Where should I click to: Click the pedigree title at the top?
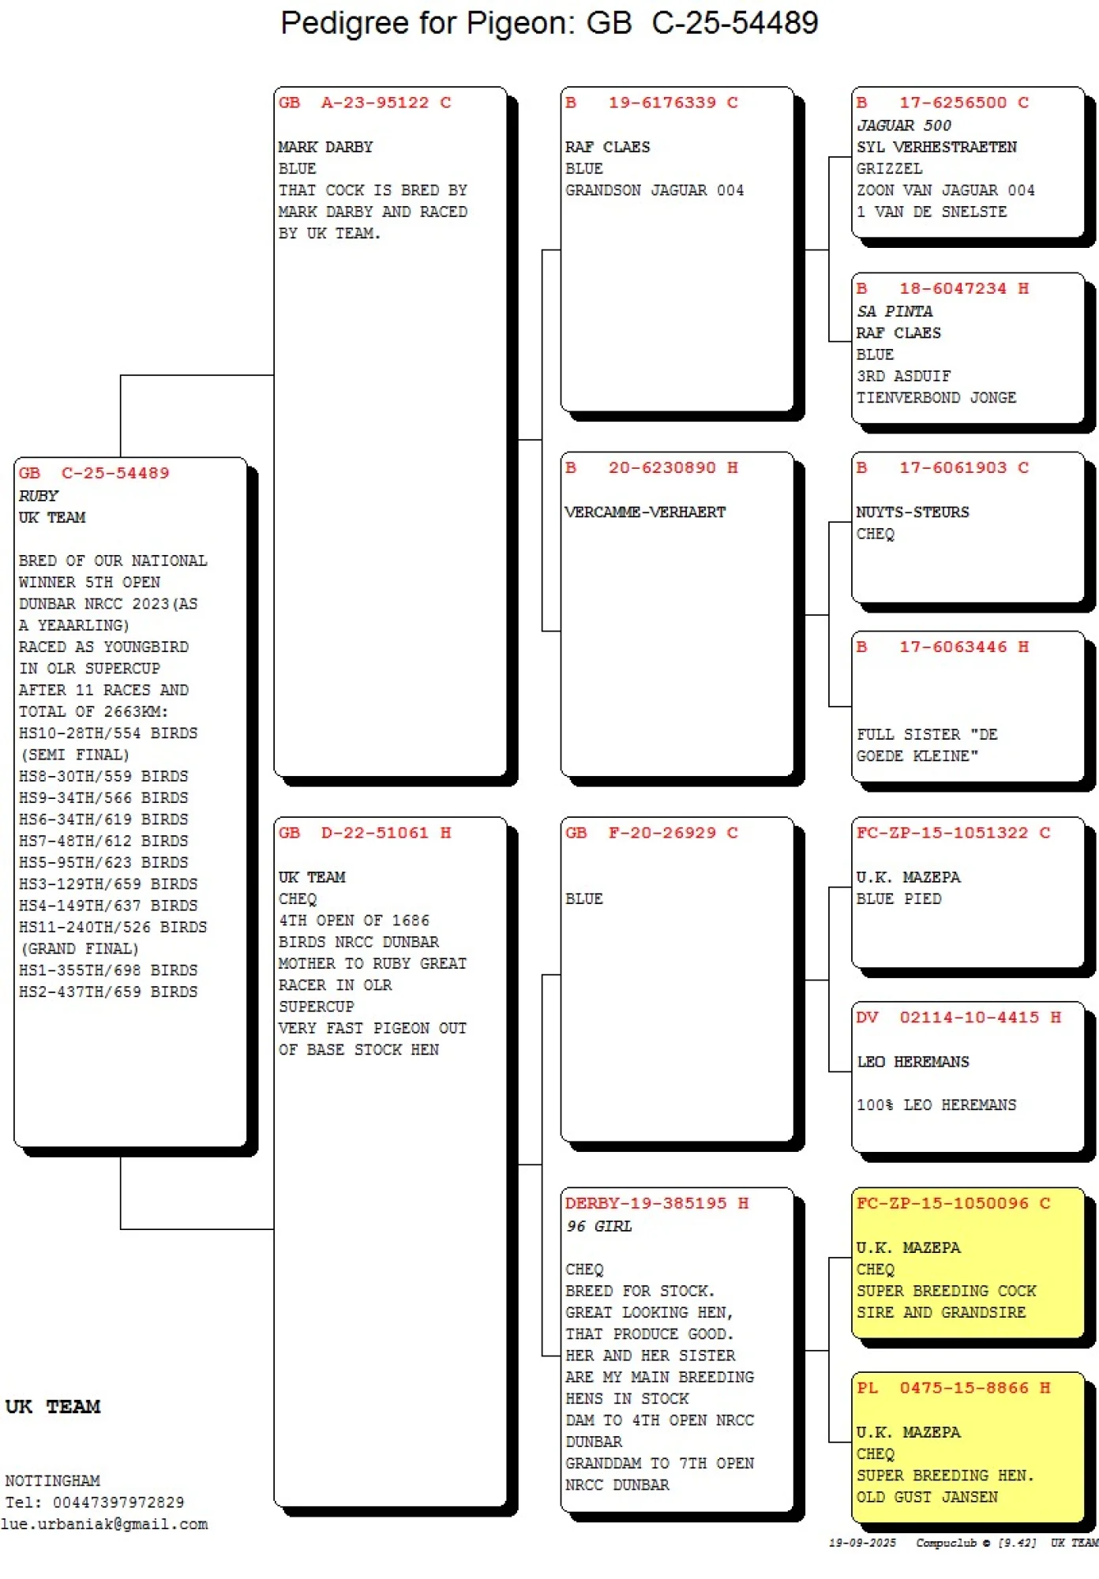549,24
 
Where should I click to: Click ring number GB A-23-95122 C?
364,103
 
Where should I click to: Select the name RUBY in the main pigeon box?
39,496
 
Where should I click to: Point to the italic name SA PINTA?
895,312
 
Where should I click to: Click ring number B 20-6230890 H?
651,468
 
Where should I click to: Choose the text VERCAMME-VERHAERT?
645,512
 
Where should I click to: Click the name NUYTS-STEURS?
913,512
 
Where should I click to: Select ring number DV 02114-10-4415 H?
958,1018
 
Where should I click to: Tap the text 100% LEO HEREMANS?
936,1105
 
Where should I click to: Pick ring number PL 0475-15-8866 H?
954,1388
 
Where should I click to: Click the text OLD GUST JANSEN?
927,1498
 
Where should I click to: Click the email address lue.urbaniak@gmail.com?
104,1525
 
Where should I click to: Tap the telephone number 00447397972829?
118,1502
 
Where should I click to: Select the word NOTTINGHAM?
52,1481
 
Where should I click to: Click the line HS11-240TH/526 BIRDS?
113,928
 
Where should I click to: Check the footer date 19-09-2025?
862,1543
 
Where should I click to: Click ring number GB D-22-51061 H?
364,833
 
